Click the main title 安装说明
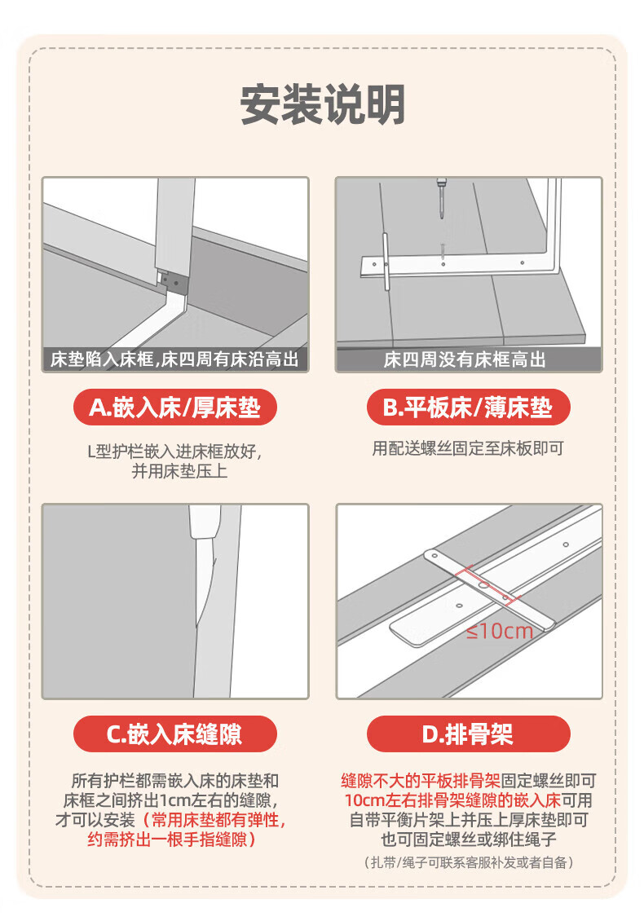pyautogui.click(x=322, y=104)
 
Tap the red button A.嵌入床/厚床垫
pyautogui.click(x=175, y=407)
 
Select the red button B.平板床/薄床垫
pyautogui.click(x=468, y=407)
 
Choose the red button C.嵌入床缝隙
pyautogui.click(x=175, y=734)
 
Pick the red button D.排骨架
pyautogui.click(x=468, y=734)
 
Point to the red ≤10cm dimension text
pyautogui.click(x=500, y=632)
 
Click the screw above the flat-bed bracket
pyautogui.click(x=439, y=199)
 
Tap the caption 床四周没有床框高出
pyautogui.click(x=465, y=359)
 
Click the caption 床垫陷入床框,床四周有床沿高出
pyautogui.click(x=174, y=359)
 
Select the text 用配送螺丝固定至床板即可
pyautogui.click(x=468, y=449)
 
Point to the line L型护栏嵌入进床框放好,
pyautogui.click(x=175, y=451)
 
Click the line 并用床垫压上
pyautogui.click(x=179, y=470)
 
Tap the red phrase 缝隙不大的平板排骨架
pyautogui.click(x=421, y=781)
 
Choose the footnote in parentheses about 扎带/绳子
pyautogui.click(x=468, y=862)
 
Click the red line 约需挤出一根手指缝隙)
pyautogui.click(x=171, y=839)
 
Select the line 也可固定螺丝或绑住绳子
pyautogui.click(x=468, y=839)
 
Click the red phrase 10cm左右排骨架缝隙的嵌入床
pyautogui.click(x=452, y=800)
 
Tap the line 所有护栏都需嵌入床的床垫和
pyautogui.click(x=175, y=781)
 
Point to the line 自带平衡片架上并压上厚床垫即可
pyautogui.click(x=468, y=820)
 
